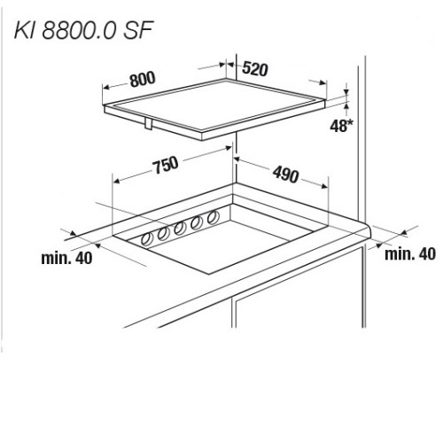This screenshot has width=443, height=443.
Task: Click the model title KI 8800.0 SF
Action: click(83, 30)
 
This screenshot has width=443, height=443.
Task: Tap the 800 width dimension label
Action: click(143, 79)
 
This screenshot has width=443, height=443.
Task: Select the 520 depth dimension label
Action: click(255, 69)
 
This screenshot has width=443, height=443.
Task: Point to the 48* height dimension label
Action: click(341, 126)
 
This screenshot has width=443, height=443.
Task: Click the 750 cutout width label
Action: click(166, 165)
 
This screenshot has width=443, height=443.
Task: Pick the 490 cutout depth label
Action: click(285, 175)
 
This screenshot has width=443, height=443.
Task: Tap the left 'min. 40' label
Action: click(66, 258)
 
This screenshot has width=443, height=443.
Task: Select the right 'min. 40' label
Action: click(410, 253)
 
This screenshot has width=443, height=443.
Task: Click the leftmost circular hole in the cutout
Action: click(147, 238)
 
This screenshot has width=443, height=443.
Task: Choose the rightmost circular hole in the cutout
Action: click(213, 218)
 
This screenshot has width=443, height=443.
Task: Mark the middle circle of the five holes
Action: click(180, 229)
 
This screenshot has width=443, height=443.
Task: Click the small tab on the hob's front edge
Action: click(148, 123)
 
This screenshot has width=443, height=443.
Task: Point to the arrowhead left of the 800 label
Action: click(105, 88)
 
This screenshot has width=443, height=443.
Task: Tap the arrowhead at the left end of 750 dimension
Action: click(116, 181)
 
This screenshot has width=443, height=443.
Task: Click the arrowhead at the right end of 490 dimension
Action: click(324, 186)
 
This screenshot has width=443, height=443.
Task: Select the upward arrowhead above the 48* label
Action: click(346, 105)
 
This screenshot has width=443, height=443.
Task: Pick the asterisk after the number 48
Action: click(350, 123)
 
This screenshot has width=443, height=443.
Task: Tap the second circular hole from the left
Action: click(163, 234)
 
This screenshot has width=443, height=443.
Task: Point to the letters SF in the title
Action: click(138, 30)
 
